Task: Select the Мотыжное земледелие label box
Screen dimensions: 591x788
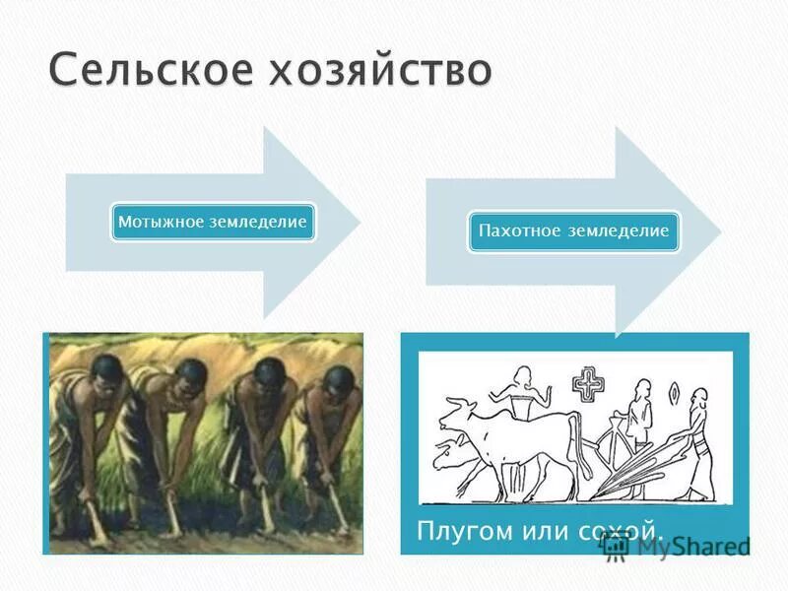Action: click(213, 223)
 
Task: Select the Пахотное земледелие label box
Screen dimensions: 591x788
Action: click(573, 231)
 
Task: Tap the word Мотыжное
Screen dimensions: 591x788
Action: click(161, 223)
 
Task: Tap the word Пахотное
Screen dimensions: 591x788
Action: click(519, 231)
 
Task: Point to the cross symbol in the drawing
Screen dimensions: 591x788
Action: click(588, 383)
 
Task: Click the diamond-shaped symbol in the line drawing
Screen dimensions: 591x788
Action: click(674, 392)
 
